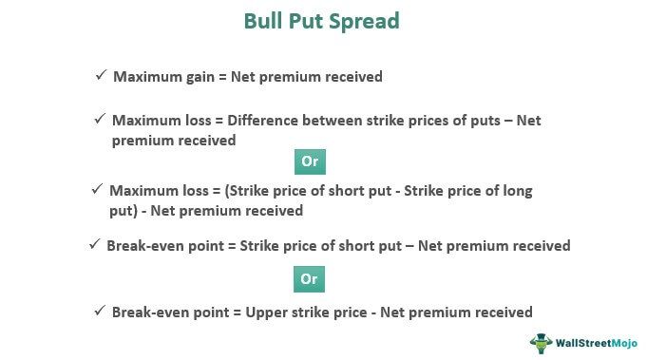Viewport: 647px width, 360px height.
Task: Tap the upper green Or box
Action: pyautogui.click(x=309, y=161)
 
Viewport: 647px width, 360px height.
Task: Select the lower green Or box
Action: pyautogui.click(x=309, y=278)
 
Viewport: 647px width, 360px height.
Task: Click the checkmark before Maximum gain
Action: pyautogui.click(x=101, y=75)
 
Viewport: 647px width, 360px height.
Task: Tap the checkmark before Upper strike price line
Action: pyautogui.click(x=100, y=311)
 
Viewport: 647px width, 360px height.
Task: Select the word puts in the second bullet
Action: pyautogui.click(x=484, y=122)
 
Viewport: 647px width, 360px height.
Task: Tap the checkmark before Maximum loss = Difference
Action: pyautogui.click(x=100, y=120)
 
